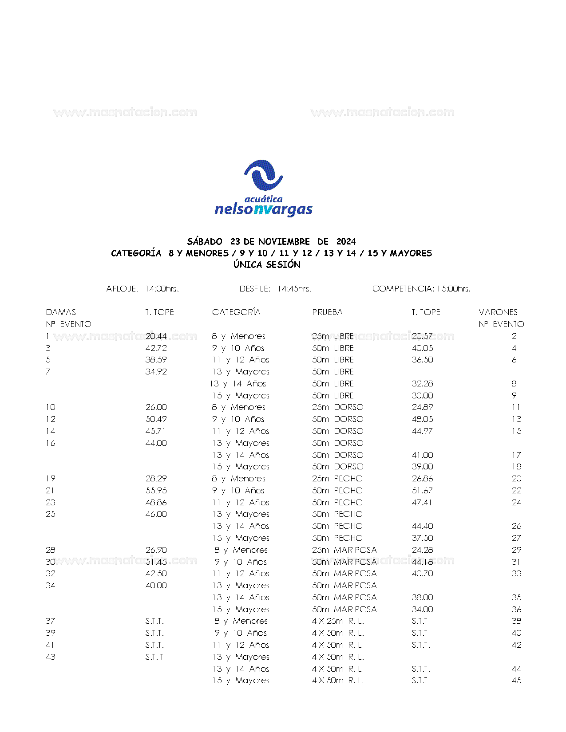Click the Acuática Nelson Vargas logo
pos(263,188)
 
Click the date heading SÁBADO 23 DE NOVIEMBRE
pos(271,241)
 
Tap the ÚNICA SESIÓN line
pos(267,265)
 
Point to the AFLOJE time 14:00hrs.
pos(162,289)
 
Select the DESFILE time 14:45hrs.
pos(294,289)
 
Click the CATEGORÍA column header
pos(236,312)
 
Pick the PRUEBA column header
pos(327,312)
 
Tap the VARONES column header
pos(498,312)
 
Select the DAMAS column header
pos(61,312)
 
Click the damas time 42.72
pos(156,348)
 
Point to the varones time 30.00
pos(422,396)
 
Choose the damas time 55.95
pos(156,491)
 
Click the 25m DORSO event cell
pos(337,407)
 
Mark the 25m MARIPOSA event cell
pos(344,550)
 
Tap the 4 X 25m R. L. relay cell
pos(338,621)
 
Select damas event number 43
pos(51,657)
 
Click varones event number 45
pos(516,681)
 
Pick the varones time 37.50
pos(422,538)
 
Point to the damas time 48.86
pos(156,503)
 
